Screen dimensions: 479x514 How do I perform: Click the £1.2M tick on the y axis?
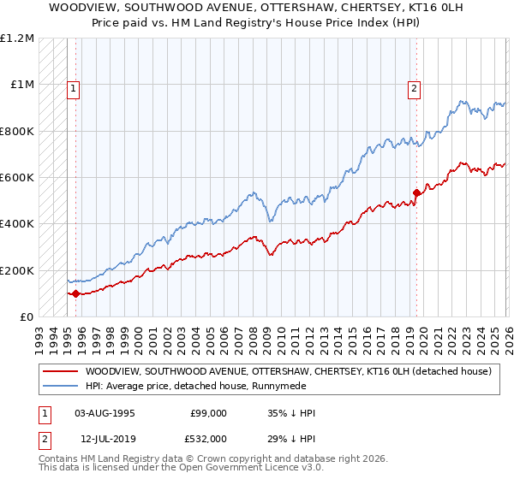coord(19,38)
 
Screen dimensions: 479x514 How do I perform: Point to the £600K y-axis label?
coord(19,178)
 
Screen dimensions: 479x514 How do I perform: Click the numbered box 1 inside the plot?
coord(73,87)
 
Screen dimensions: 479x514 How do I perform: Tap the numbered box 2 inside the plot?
coord(415,87)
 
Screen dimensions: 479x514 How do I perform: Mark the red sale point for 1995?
coord(75,293)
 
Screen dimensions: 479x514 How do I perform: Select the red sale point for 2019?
coord(416,192)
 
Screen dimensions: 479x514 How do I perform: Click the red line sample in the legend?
coord(62,371)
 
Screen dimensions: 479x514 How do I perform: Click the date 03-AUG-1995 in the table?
coord(105,413)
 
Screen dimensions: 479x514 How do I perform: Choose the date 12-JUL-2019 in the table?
coord(105,437)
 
